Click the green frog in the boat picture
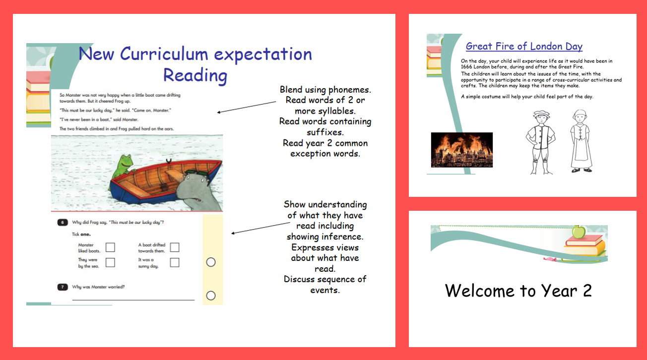[x=123, y=168]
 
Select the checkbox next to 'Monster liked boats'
[x=110, y=247]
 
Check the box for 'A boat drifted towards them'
[x=175, y=247]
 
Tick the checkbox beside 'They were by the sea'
[x=110, y=262]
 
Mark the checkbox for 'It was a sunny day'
[x=175, y=262]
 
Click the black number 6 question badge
[x=63, y=222]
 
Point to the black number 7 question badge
[x=63, y=287]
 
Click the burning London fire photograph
[x=462, y=150]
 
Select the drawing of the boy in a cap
[x=540, y=142]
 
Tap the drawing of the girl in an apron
[x=581, y=141]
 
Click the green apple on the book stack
[x=579, y=232]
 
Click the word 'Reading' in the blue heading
[x=195, y=76]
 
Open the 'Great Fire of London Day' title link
[x=524, y=46]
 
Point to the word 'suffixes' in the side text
[x=325, y=132]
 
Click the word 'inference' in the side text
[x=342, y=237]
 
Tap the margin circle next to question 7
[x=211, y=296]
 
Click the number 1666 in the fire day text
[x=466, y=66]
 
